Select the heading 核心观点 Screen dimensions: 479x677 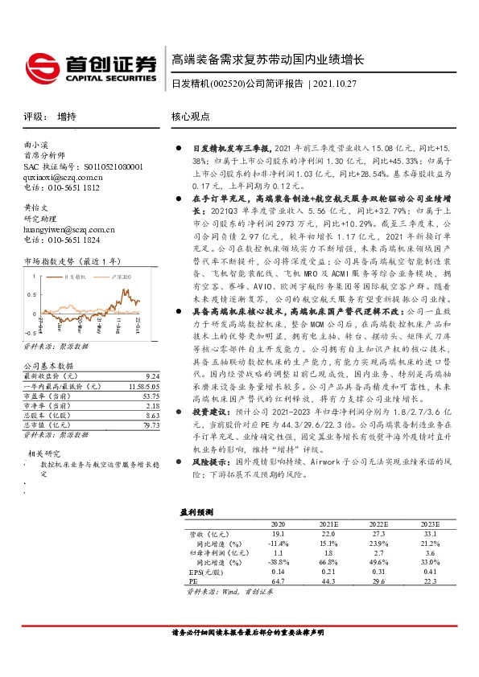click(x=191, y=116)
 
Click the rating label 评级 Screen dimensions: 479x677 click(x=33, y=116)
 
